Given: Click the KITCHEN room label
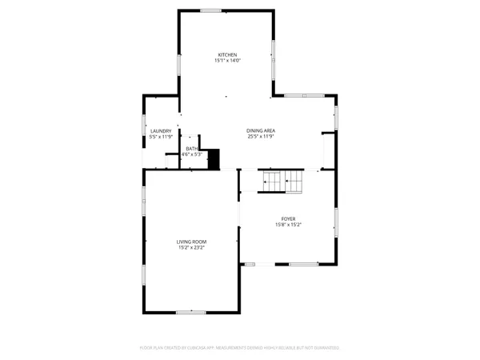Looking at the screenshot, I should pos(227,54).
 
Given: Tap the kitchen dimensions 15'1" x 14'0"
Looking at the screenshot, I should pos(227,61).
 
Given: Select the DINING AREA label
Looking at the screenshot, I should pos(261,130).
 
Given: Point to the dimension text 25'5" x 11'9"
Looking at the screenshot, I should pos(261,136).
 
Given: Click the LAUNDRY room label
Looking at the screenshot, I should pos(161,130).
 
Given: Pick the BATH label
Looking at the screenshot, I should pos(192,148).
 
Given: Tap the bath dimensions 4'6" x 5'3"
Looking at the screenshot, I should pos(192,154).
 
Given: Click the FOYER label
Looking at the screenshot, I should pos(288,218).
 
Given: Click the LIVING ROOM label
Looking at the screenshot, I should pos(192,242).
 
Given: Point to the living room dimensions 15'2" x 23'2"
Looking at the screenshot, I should pos(192,248).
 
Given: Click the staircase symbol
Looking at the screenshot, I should pos(282,182).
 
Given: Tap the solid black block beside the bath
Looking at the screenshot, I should pos(214,159).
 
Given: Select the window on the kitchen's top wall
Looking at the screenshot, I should pos(211,10).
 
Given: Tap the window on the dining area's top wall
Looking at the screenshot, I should pos(305,96).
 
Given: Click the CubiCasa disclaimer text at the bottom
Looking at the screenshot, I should pos(240,348).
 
